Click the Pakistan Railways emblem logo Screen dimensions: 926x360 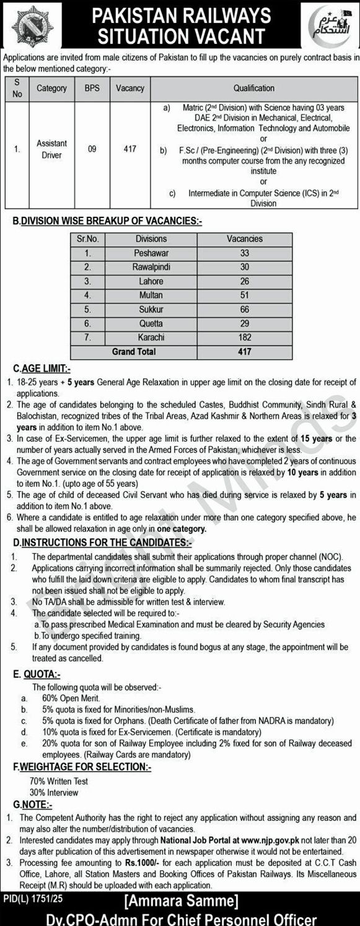(32, 25)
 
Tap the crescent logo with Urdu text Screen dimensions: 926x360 (329, 24)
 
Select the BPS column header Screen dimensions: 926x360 (92, 89)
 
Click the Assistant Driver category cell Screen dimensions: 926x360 (51, 149)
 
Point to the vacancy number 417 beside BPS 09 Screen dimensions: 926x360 (130, 149)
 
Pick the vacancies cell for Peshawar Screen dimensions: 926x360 (244, 253)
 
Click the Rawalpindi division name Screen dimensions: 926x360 (151, 267)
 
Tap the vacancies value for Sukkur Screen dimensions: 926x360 (244, 309)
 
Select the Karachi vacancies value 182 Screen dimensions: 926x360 (244, 338)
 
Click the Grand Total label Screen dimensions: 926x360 (134, 352)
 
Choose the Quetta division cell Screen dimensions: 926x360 (151, 323)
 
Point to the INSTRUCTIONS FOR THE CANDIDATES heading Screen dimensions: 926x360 (102, 543)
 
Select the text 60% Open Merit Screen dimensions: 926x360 (63, 698)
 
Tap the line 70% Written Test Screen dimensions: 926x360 (59, 781)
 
